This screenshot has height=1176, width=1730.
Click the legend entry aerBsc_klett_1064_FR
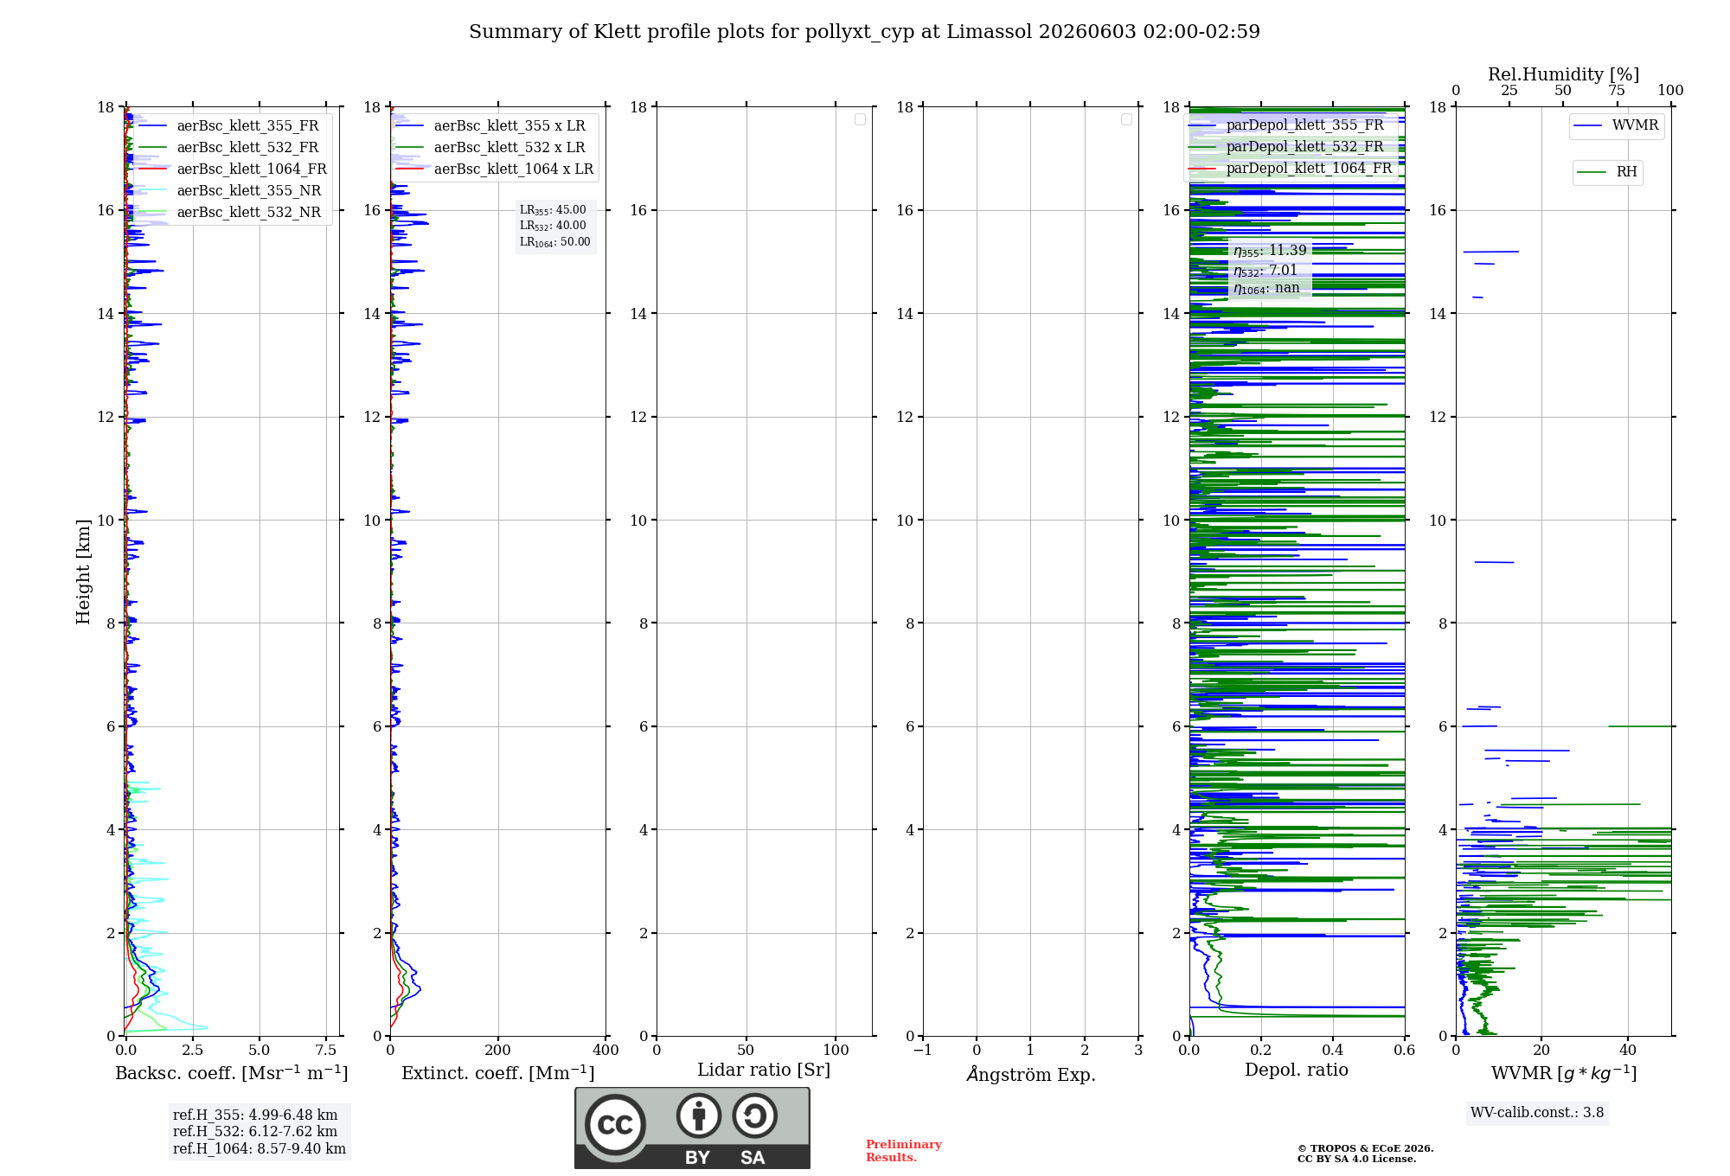[x=232, y=169]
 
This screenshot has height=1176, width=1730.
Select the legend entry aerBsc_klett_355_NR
[x=229, y=191]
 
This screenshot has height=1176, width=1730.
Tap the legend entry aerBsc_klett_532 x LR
[x=490, y=148]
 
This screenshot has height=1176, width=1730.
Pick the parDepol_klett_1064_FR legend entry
[x=1290, y=169]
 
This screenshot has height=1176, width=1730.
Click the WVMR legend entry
[x=1616, y=125]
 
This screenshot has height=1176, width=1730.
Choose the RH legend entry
[x=1607, y=172]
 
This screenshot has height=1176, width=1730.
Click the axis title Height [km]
[x=83, y=572]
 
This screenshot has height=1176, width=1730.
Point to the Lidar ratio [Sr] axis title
[x=764, y=1071]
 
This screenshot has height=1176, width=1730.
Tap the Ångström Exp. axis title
[x=1031, y=1074]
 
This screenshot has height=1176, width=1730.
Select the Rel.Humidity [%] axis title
[x=1564, y=74]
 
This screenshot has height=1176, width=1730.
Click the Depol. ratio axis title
[x=1297, y=1070]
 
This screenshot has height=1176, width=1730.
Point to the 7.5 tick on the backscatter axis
[x=326, y=1051]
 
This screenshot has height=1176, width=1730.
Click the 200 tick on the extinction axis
[x=498, y=1051]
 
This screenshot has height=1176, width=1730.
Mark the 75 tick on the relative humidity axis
[x=1617, y=91]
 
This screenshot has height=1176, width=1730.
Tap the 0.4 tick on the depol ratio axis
[x=1333, y=1051]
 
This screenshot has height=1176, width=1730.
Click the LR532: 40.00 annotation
[x=553, y=226]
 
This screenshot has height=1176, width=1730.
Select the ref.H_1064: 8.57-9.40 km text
[x=259, y=1149]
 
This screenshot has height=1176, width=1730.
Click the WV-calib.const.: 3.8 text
[x=1537, y=1113]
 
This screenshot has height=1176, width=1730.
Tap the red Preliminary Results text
[x=904, y=1151]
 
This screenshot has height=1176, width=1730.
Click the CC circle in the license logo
[x=615, y=1124]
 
